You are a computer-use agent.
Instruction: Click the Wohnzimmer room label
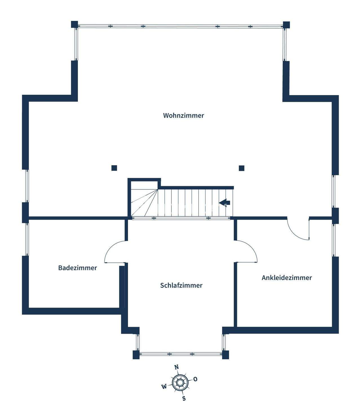(183, 115)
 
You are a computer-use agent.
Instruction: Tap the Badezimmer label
(78, 268)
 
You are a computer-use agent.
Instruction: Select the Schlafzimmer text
(181, 285)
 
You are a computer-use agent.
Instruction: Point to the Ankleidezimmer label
(287, 278)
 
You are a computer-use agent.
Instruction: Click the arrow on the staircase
(225, 202)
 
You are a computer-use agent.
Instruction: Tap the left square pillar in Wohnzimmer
(114, 168)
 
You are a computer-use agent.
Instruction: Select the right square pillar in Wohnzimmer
(242, 168)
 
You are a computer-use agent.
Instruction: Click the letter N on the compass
(177, 367)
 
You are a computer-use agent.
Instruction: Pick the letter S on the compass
(184, 398)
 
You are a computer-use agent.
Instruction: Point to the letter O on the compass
(195, 379)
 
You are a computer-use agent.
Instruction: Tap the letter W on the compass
(164, 387)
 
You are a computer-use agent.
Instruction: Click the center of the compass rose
(180, 383)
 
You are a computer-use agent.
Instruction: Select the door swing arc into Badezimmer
(113, 250)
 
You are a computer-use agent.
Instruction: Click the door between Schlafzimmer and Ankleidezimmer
(248, 250)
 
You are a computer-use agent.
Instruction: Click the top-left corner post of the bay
(74, 25)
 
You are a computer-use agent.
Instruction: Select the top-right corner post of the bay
(286, 25)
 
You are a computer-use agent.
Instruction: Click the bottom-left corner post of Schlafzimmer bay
(136, 355)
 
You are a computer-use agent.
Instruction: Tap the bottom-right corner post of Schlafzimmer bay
(226, 355)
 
